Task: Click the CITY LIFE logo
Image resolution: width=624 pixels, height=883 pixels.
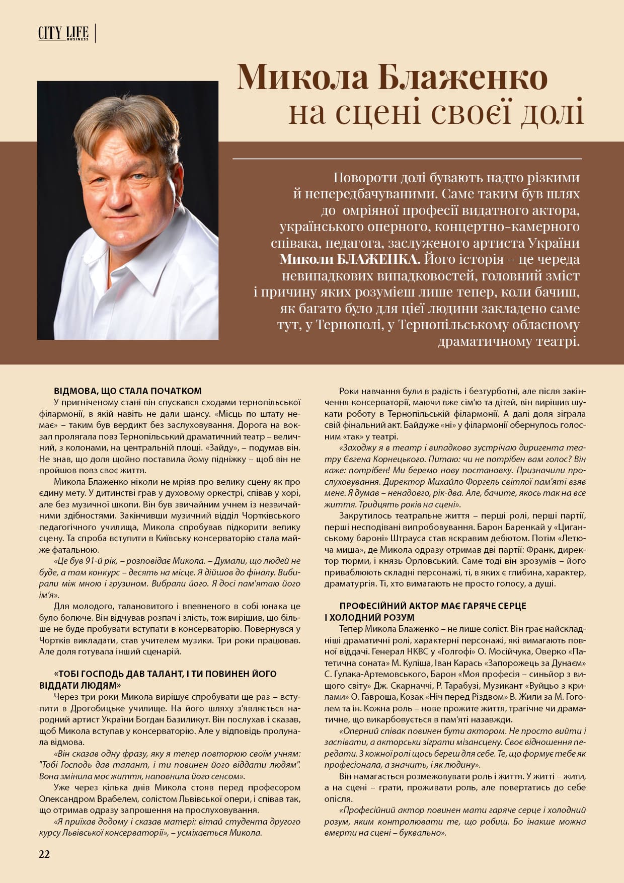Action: pos(63,34)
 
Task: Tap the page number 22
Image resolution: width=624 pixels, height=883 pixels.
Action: pos(44,854)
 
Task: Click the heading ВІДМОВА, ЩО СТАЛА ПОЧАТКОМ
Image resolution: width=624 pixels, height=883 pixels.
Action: pos(127,391)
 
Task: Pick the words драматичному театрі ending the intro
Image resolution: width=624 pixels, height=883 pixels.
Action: pos(508,341)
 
